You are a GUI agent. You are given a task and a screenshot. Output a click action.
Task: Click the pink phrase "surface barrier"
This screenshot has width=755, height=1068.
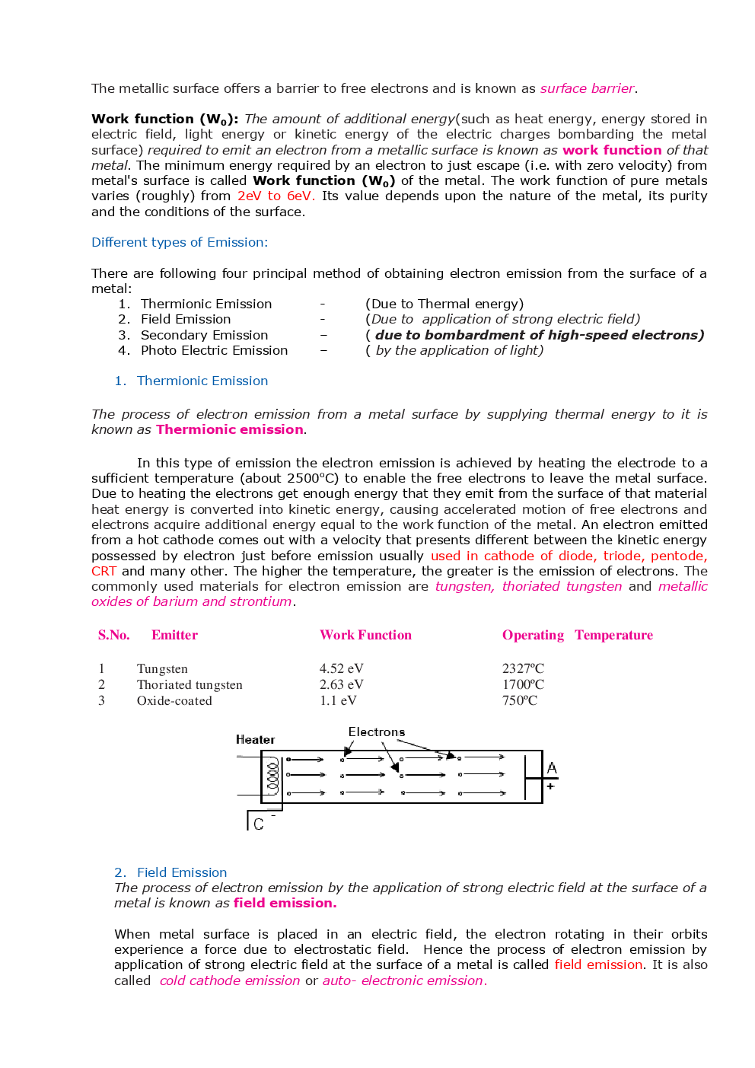pyautogui.click(x=587, y=88)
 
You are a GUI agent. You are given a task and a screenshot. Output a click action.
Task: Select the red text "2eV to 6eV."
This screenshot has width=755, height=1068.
pyautogui.click(x=276, y=196)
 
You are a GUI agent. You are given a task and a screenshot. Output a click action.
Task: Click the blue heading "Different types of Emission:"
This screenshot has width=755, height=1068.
pyautogui.click(x=180, y=242)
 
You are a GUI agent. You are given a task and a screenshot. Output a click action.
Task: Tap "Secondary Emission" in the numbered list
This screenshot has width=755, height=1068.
pyautogui.click(x=204, y=335)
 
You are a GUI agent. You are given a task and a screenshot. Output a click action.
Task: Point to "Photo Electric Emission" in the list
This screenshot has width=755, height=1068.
pyautogui.click(x=214, y=350)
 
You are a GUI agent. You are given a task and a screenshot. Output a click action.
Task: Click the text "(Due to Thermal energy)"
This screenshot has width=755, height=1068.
pyautogui.click(x=444, y=304)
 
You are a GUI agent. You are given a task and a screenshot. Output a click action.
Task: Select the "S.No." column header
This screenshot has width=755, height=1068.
pyautogui.click(x=113, y=635)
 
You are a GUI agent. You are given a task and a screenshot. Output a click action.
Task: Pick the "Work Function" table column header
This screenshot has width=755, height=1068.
pyautogui.click(x=365, y=635)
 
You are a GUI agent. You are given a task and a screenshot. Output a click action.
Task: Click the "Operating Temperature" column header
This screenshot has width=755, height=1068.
pyautogui.click(x=577, y=635)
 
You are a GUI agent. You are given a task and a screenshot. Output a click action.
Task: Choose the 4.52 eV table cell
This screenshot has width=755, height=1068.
pyautogui.click(x=341, y=668)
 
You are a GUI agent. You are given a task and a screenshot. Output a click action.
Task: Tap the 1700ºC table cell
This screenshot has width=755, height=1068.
pyautogui.click(x=523, y=684)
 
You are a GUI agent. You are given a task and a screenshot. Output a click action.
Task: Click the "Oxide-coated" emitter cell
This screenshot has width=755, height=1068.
pyautogui.click(x=174, y=700)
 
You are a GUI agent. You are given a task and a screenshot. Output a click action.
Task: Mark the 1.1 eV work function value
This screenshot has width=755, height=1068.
pyautogui.click(x=338, y=700)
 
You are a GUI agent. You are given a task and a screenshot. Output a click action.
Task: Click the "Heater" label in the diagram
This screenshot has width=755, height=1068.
pyautogui.click(x=255, y=739)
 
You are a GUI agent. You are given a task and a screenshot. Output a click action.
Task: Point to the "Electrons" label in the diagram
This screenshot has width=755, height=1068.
pyautogui.click(x=376, y=732)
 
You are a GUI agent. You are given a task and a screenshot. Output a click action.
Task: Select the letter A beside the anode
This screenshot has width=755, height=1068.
pyautogui.click(x=552, y=768)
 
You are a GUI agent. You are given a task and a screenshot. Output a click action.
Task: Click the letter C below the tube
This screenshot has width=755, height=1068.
pyautogui.click(x=259, y=824)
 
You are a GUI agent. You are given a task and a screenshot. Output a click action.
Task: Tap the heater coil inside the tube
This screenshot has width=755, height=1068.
pyautogui.click(x=272, y=776)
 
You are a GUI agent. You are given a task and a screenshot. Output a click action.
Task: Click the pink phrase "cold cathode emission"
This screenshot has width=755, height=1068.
pyautogui.click(x=230, y=980)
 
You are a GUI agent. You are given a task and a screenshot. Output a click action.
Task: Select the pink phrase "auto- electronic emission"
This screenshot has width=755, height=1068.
pyautogui.click(x=403, y=980)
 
